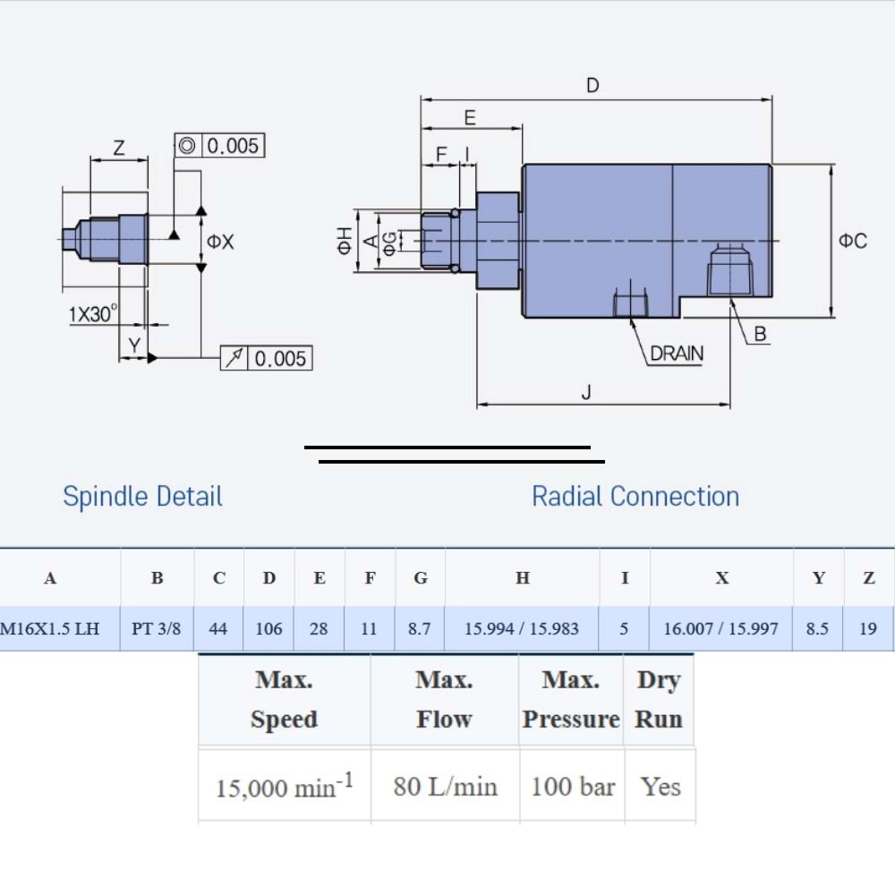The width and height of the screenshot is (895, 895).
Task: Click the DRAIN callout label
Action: coord(677,354)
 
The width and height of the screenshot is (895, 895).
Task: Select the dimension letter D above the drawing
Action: coord(592,86)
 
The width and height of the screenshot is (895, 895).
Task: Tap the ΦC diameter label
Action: coord(853,241)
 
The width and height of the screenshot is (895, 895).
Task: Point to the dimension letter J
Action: coord(586,392)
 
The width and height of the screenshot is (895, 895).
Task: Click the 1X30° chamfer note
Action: coord(93,313)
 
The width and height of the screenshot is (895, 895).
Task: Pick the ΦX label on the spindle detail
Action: coord(220,242)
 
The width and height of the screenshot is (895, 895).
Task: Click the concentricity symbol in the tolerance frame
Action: coord(187,146)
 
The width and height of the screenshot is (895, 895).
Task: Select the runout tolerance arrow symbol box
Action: coord(234,358)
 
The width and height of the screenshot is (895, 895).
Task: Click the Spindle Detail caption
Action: coord(142,497)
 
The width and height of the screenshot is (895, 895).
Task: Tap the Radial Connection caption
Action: coord(635,497)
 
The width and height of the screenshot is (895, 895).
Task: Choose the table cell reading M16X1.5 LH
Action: coord(49,628)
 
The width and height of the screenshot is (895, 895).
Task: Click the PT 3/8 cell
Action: coord(156,628)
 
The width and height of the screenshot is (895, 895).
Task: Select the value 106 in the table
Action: coord(268,628)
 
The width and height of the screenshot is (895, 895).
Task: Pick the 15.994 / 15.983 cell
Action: coord(522,628)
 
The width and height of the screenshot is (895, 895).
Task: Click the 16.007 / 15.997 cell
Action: coord(720,628)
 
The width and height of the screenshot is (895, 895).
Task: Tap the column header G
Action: coord(421,577)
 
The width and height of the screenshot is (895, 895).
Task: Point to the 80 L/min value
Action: coord(445,787)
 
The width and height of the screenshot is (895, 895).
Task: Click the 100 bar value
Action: coord(573,787)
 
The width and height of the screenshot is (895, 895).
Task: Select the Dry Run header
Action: coord(659,699)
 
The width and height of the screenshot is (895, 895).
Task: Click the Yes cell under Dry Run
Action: coord(661,787)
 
